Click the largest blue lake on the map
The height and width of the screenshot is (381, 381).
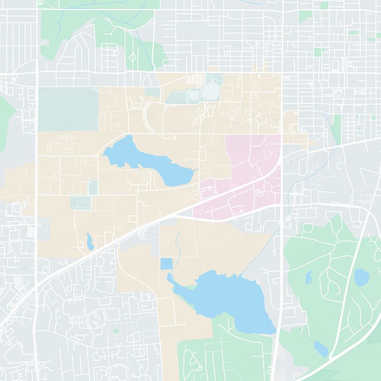click(x=224, y=300)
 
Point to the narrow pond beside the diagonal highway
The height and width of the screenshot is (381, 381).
click(x=89, y=241)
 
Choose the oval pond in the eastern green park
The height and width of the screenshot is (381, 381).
click(x=361, y=276)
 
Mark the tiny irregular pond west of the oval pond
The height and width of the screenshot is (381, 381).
click(x=309, y=276)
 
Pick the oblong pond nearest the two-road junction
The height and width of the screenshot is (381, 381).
click(x=320, y=349)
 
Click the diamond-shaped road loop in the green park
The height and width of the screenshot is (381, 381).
click(x=132, y=57)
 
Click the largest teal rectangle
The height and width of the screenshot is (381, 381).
click(x=67, y=109)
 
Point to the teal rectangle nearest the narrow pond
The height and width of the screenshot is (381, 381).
click(x=79, y=202)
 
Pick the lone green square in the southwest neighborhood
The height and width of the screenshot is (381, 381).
click(x=115, y=330)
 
